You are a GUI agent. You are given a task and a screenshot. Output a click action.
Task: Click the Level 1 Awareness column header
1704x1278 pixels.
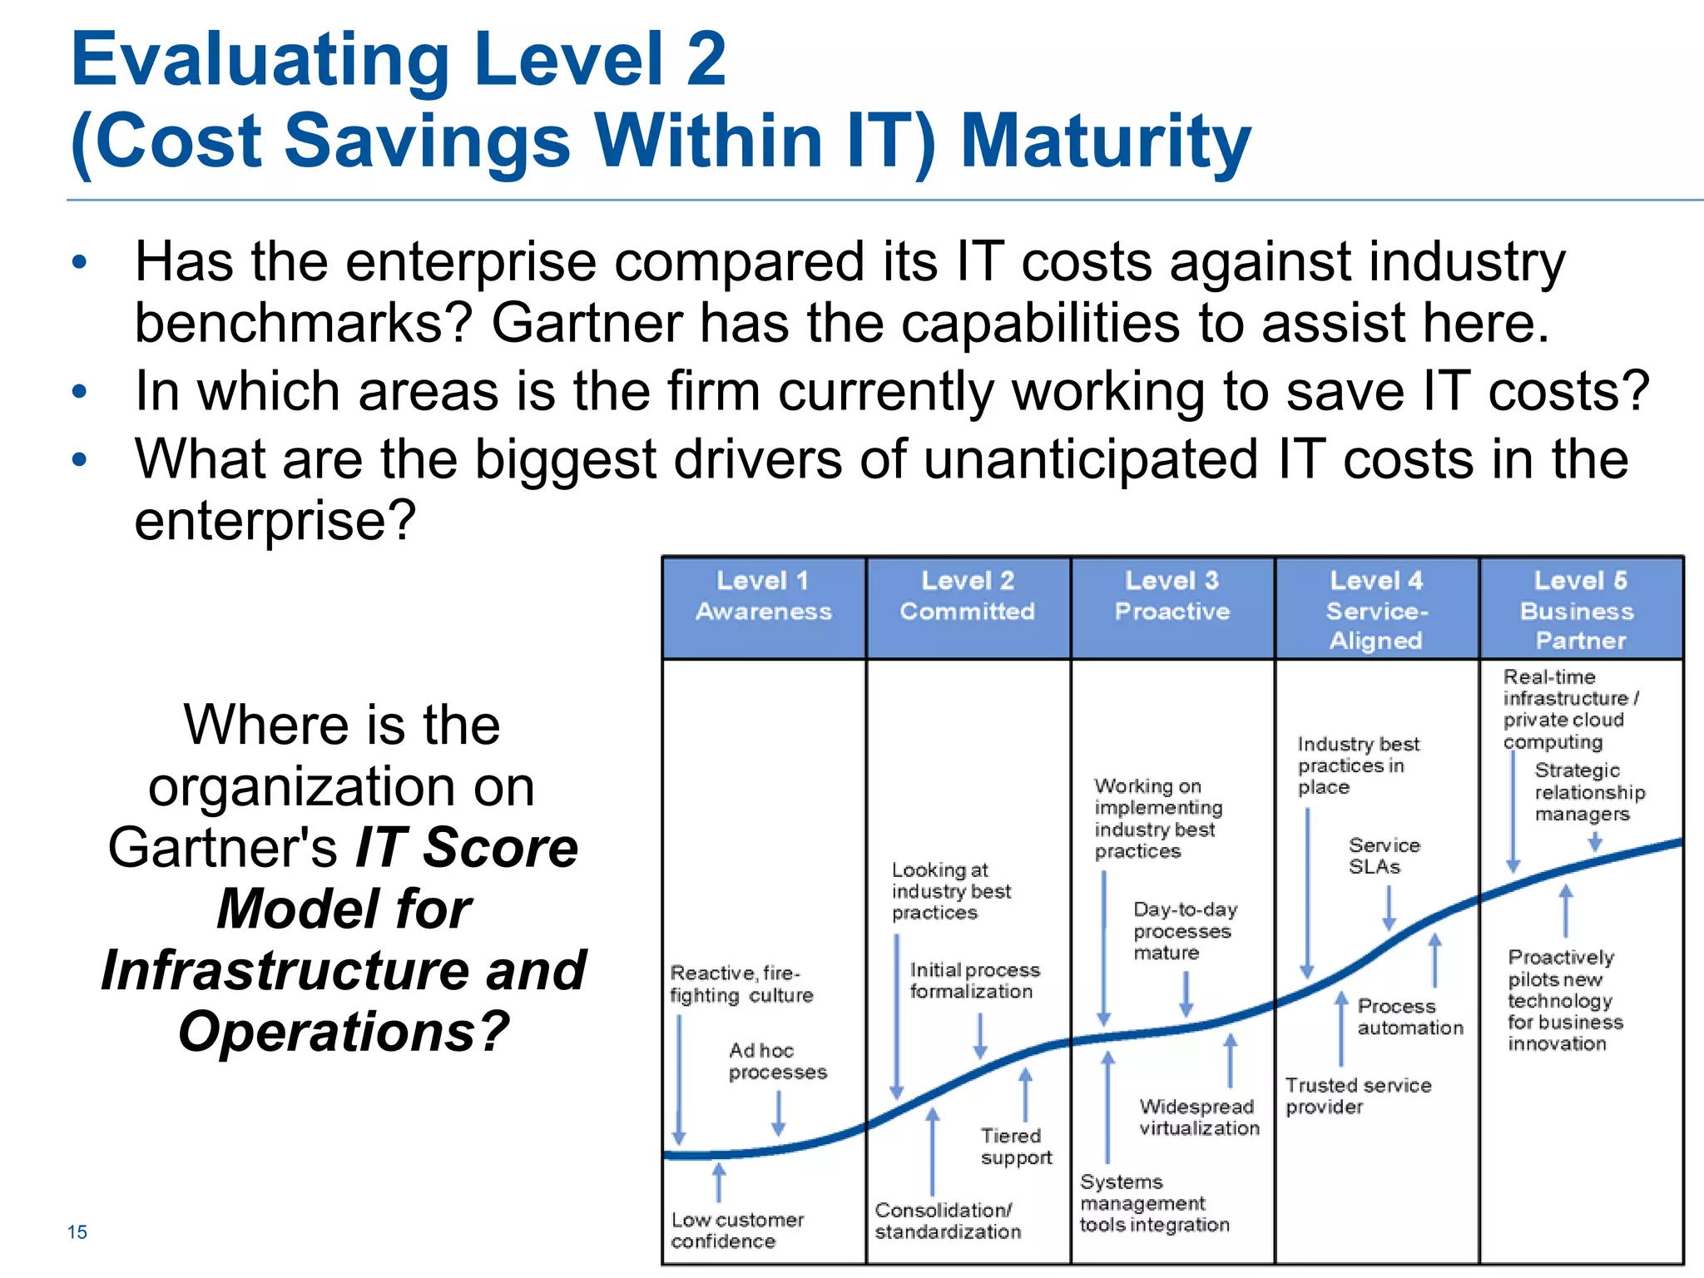pos(764,596)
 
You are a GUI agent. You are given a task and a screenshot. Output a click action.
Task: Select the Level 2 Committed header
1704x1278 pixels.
pos(968,596)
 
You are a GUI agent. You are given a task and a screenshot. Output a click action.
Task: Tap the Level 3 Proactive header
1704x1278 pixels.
pos(1172,596)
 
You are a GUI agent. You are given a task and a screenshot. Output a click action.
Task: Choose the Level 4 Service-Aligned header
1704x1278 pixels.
pos(1377,610)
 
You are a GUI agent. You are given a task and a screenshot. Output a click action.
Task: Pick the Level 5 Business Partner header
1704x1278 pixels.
pos(1580,610)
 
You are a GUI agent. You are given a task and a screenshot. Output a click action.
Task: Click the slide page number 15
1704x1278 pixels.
pos(77,1232)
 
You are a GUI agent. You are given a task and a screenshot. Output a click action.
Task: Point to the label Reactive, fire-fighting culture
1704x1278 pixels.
pos(741,984)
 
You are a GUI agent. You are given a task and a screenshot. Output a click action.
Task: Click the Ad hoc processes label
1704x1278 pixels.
pos(777,1061)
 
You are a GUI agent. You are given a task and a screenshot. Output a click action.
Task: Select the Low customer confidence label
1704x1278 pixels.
pos(737,1231)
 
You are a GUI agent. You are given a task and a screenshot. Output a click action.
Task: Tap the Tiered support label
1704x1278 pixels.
pos(1016,1147)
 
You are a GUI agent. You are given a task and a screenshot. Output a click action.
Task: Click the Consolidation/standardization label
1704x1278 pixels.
pos(948,1221)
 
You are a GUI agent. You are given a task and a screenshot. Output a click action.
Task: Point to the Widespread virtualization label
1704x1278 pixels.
pos(1199,1117)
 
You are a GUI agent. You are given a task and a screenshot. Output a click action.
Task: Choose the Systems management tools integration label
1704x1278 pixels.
pos(1154,1203)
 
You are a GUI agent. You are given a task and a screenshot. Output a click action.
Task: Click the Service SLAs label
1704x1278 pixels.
pos(1384,856)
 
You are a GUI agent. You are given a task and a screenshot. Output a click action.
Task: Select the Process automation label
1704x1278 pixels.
pos(1409,1017)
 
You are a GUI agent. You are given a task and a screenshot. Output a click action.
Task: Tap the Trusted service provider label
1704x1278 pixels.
pos(1358,1096)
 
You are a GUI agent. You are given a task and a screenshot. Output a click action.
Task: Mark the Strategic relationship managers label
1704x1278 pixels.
pos(1589,792)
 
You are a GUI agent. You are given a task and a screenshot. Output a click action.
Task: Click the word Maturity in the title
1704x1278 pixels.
pos(1105,141)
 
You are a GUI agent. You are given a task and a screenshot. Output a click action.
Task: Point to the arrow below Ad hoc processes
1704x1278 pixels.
pos(778,1113)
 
